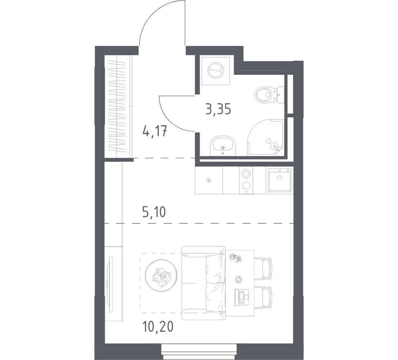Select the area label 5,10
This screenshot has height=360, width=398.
(x=154, y=212)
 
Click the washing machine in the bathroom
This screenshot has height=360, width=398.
(x=216, y=71)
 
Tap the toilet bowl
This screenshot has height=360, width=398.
(x=269, y=95)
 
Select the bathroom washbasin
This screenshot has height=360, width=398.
(x=223, y=146)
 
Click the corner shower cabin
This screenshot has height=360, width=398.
(x=265, y=137)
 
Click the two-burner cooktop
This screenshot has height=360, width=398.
(x=245, y=180)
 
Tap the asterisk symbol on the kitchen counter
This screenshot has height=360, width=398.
(x=209, y=181)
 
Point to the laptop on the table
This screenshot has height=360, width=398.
(x=242, y=297)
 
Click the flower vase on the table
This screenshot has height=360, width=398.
(x=235, y=258)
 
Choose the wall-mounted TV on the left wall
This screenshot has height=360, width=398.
(x=110, y=284)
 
